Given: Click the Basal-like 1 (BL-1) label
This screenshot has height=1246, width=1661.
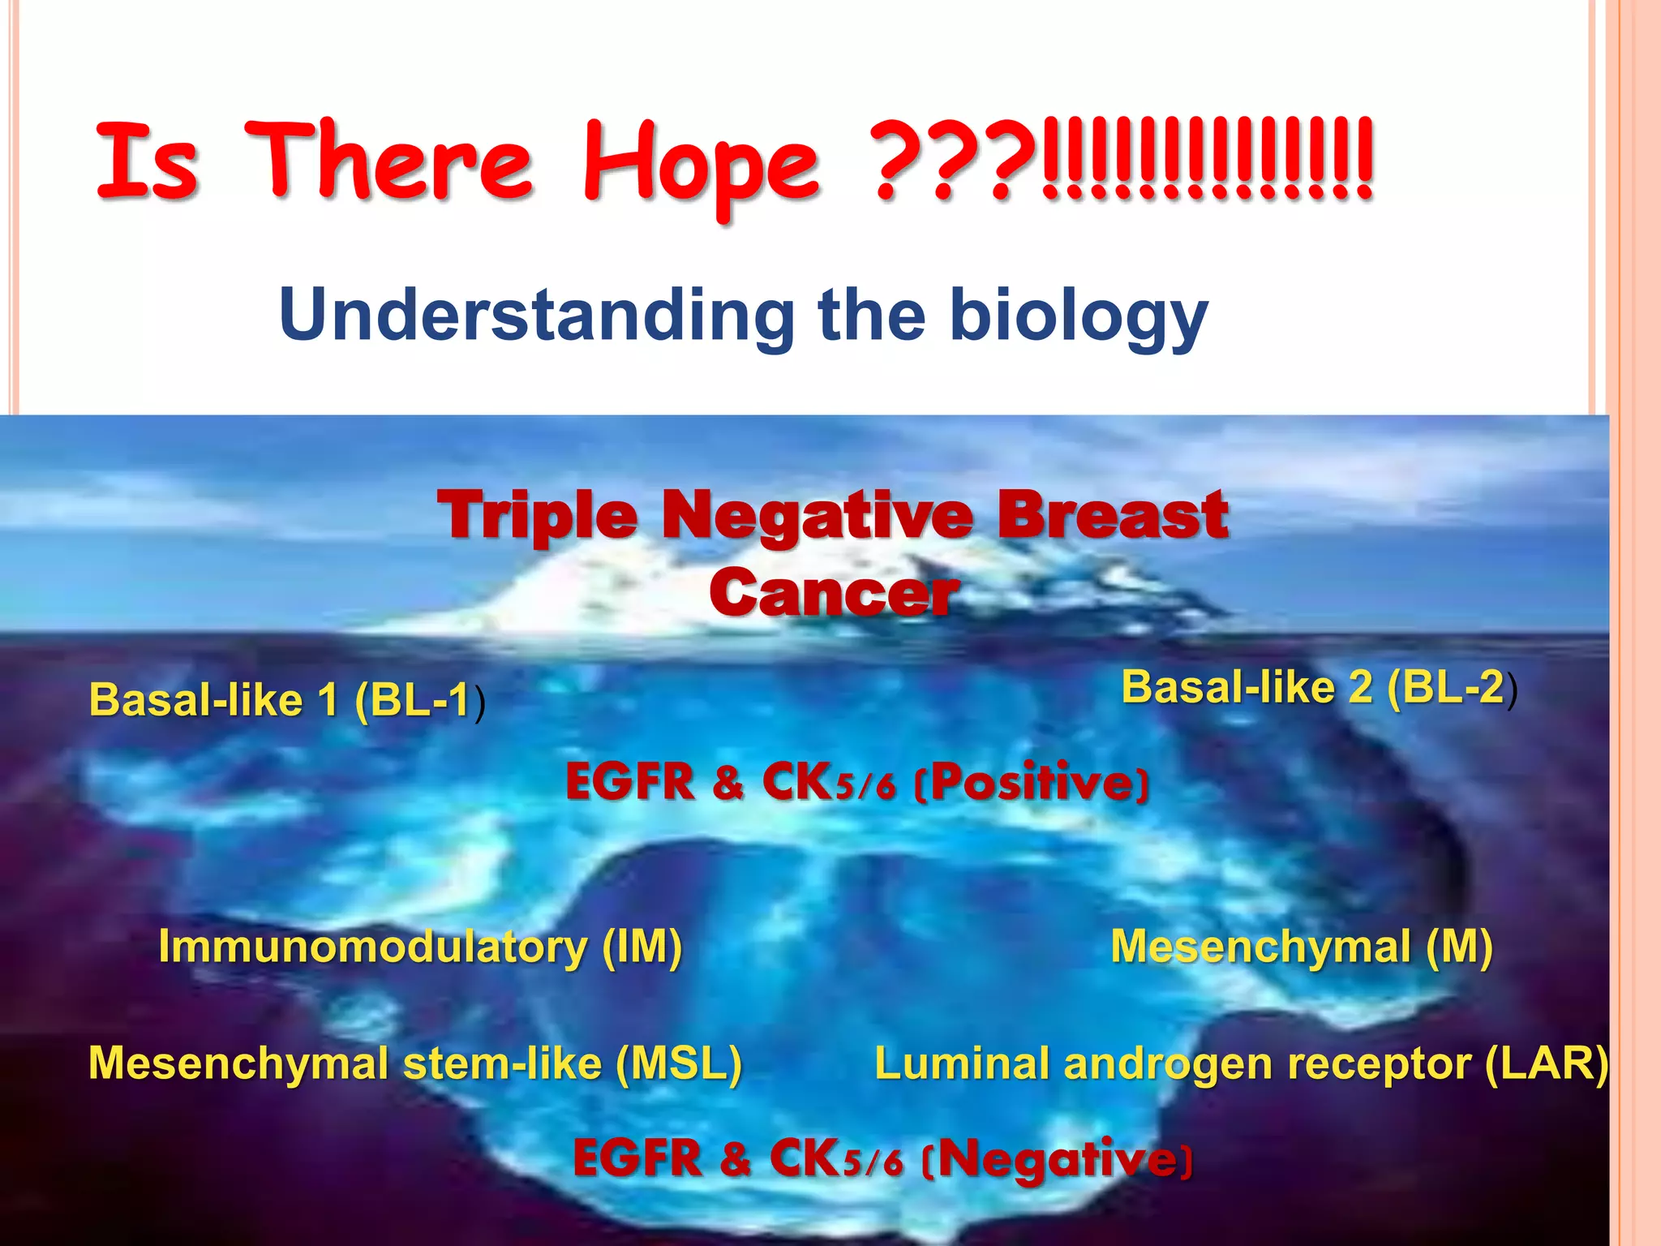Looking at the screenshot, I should (287, 699).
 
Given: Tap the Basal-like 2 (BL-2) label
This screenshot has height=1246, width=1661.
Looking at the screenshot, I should (1319, 687).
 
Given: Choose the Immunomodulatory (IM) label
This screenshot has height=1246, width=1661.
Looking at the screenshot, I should (420, 946).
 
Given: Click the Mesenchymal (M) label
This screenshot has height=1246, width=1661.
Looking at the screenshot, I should (1301, 946).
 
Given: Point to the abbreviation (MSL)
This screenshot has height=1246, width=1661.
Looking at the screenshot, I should (678, 1063).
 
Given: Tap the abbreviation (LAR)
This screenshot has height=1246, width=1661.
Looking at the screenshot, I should (1546, 1063).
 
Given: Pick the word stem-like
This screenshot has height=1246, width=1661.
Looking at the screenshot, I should (502, 1063).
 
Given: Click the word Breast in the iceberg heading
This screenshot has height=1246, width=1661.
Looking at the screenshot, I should (1112, 516).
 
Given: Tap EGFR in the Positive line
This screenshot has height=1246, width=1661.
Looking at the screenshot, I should (629, 782).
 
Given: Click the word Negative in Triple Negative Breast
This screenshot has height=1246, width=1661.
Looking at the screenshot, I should (817, 516).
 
